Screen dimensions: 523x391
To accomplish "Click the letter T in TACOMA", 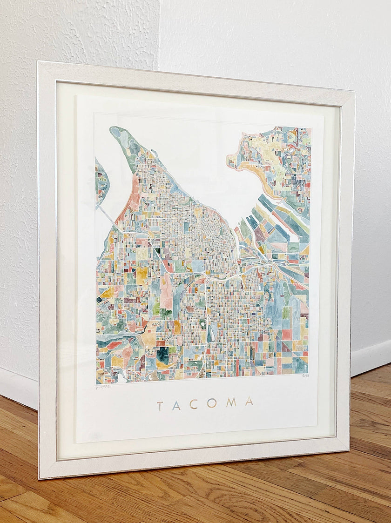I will pyautogui.click(x=160, y=406).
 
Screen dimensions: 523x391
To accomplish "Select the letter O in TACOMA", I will pyautogui.click(x=212, y=403).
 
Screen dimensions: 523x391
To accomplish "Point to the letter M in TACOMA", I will pyautogui.click(x=231, y=402).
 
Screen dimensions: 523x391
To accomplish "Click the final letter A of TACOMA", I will pyautogui.click(x=249, y=401).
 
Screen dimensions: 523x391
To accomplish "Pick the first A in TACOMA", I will pyautogui.click(x=176, y=405).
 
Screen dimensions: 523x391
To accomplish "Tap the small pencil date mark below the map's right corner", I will pyautogui.click(x=305, y=376).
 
